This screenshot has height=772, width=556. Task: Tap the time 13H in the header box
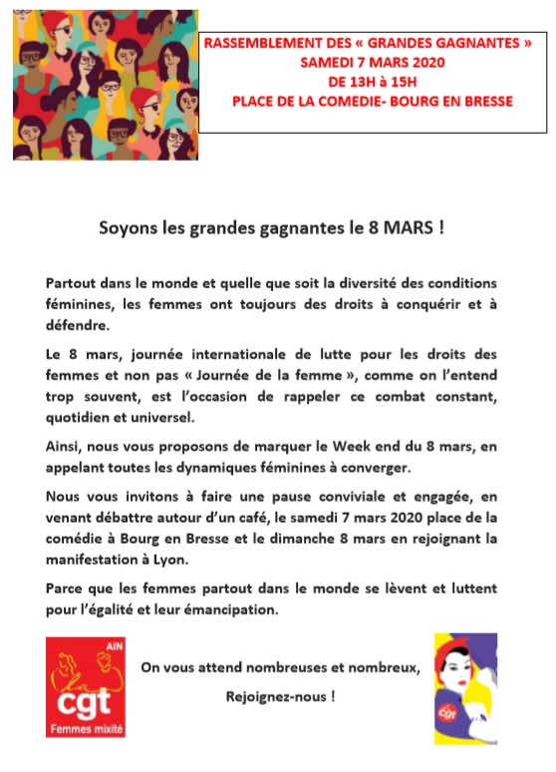[353, 81]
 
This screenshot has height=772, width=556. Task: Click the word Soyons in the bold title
[125, 227]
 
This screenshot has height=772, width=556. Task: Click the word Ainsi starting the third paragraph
[64, 446]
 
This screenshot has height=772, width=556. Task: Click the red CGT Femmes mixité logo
[87, 687]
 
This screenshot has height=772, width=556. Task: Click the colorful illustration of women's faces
[105, 84]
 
